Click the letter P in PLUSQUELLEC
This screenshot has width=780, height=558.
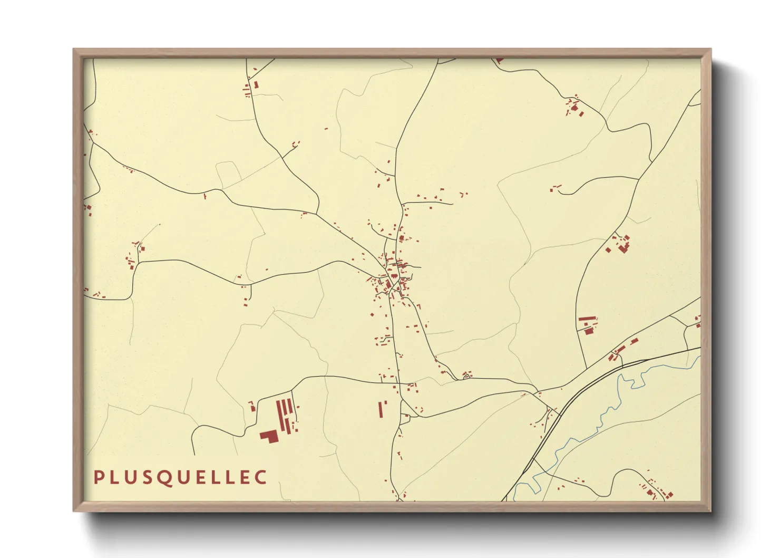[97, 477]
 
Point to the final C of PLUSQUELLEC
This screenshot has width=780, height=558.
[261, 477]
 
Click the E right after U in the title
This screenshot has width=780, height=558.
[204, 477]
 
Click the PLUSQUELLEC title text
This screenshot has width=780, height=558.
[180, 477]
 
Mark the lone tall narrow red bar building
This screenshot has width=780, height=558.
[379, 409]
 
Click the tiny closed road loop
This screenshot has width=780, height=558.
[466, 376]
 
